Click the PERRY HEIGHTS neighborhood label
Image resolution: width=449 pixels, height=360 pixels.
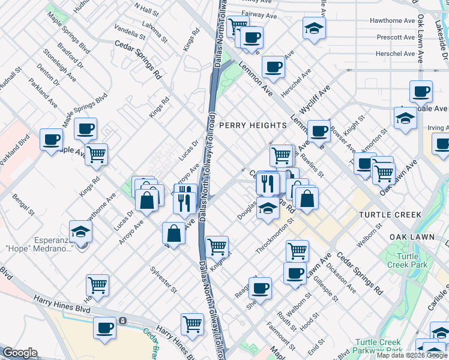(253, 125)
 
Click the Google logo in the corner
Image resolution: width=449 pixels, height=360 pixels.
(20, 353)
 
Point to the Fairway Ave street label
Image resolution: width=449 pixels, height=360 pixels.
(262, 13)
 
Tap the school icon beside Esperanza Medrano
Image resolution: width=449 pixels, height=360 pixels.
(81, 231)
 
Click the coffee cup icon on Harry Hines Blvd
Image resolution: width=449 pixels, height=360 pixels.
(105, 328)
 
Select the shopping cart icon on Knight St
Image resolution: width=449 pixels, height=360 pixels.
(217, 245)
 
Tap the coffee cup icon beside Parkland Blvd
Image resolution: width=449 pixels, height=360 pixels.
(51, 139)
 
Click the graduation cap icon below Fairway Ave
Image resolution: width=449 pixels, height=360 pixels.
(313, 28)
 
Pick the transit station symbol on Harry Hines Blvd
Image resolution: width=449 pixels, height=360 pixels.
(122, 321)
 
